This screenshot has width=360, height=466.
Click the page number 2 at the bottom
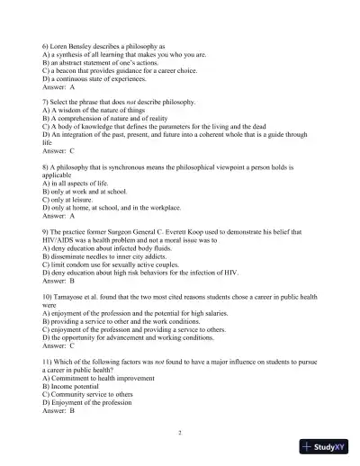[180, 433]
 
